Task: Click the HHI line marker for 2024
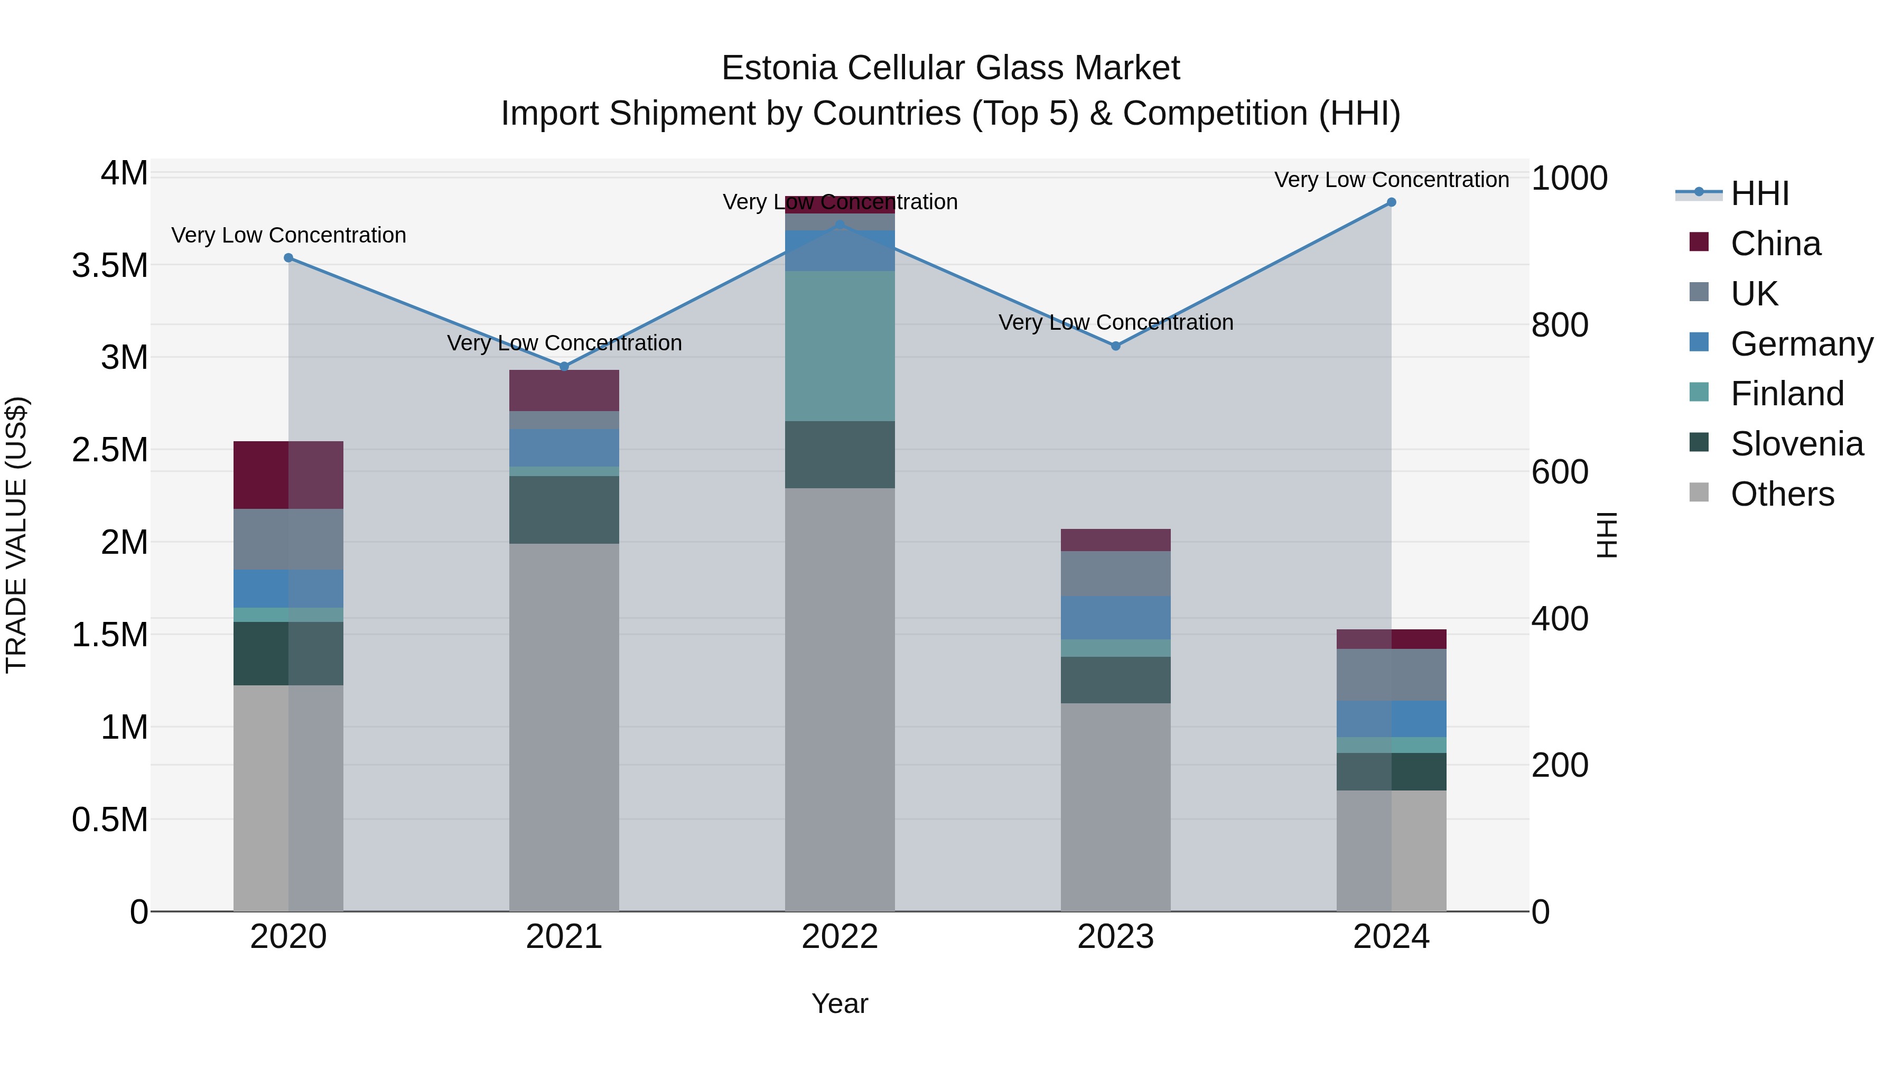[x=1391, y=202]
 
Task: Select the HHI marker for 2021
[x=564, y=366]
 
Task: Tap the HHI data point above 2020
[x=288, y=258]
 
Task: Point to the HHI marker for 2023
[x=1116, y=346]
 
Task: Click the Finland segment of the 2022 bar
[x=840, y=346]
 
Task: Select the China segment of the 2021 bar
[x=564, y=390]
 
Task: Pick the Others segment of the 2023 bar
[x=1116, y=806]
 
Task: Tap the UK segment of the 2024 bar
[x=1391, y=674]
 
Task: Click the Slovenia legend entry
[x=1796, y=444]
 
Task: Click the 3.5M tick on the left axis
[x=110, y=266]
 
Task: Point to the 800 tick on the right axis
[x=1560, y=325]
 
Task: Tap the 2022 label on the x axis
[x=840, y=937]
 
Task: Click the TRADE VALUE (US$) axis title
[x=16, y=535]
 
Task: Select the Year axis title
[x=840, y=1003]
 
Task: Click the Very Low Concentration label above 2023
[x=1116, y=323]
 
